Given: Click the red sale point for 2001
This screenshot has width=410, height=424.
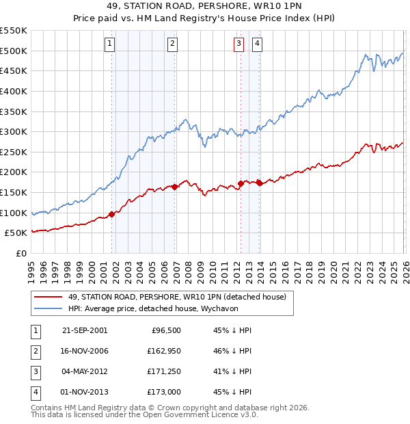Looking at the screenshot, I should (x=112, y=214).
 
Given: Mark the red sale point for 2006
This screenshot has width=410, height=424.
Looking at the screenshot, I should (x=175, y=186).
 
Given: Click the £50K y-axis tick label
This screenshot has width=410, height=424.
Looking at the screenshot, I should (x=16, y=233).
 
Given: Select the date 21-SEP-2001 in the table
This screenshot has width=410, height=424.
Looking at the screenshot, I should (x=85, y=330).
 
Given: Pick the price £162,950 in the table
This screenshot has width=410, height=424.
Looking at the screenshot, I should (x=162, y=351).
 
